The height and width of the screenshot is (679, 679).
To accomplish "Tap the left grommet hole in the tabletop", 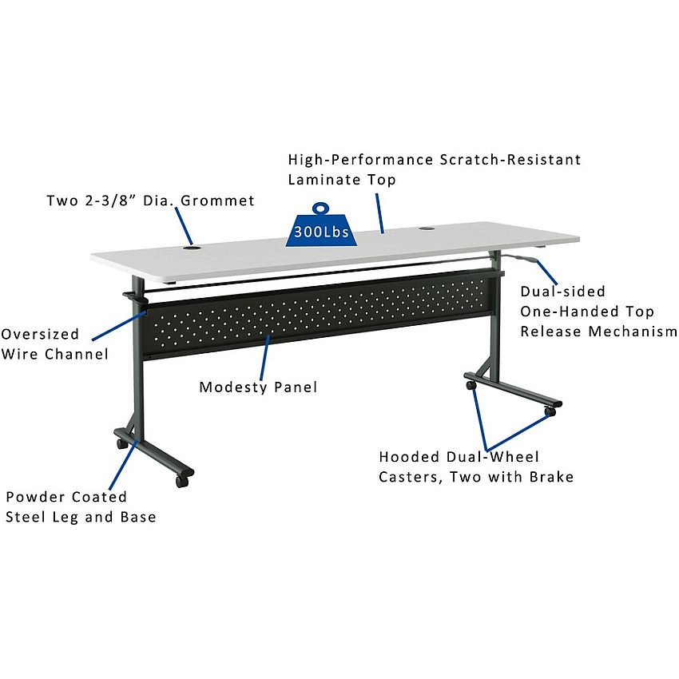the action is pos(192,248).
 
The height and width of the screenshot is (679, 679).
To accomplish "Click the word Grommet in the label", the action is pos(217,201).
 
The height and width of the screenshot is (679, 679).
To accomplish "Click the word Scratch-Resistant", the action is pos(510,159).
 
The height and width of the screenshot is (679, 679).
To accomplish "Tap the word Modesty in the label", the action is pos(233,387).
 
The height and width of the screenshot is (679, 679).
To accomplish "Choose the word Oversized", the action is pos(40,334).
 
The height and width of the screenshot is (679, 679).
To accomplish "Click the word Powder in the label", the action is pos(35,497).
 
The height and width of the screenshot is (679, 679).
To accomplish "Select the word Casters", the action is pos(410,477).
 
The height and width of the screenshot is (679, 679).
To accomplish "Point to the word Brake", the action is pos(552,477).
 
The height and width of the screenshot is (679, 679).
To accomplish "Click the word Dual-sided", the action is pos(562,291).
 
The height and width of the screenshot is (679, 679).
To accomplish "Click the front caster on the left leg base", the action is pos(182,481).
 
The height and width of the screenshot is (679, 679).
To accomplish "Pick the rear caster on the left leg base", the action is pos(121,443).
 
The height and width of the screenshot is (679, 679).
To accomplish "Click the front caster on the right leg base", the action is pos(550,411).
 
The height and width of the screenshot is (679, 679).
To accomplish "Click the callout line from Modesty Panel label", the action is pos(264,357).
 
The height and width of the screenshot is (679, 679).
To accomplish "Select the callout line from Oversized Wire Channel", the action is pos(119,326).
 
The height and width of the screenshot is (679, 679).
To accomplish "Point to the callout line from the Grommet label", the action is pos(184,226).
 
